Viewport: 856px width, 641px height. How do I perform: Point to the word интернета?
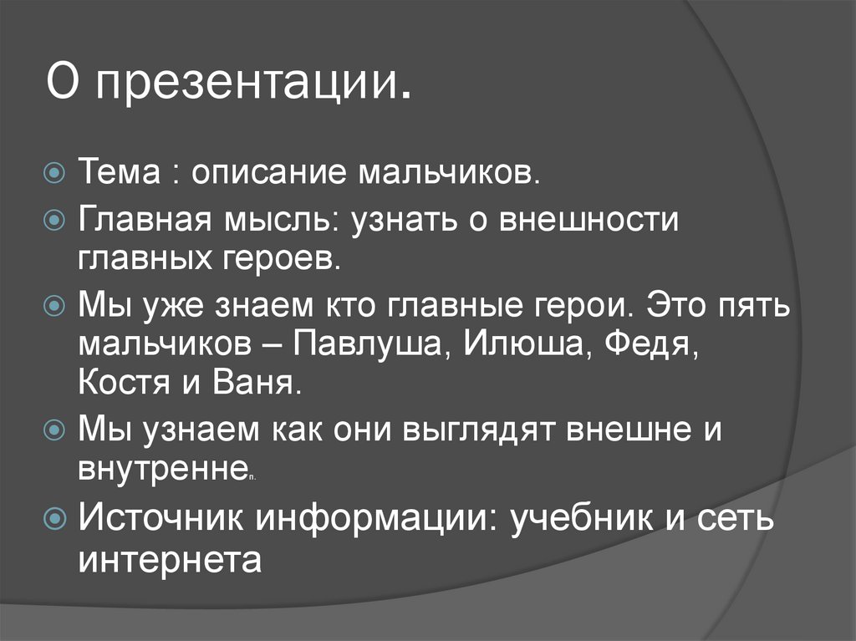pyautogui.click(x=171, y=557)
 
